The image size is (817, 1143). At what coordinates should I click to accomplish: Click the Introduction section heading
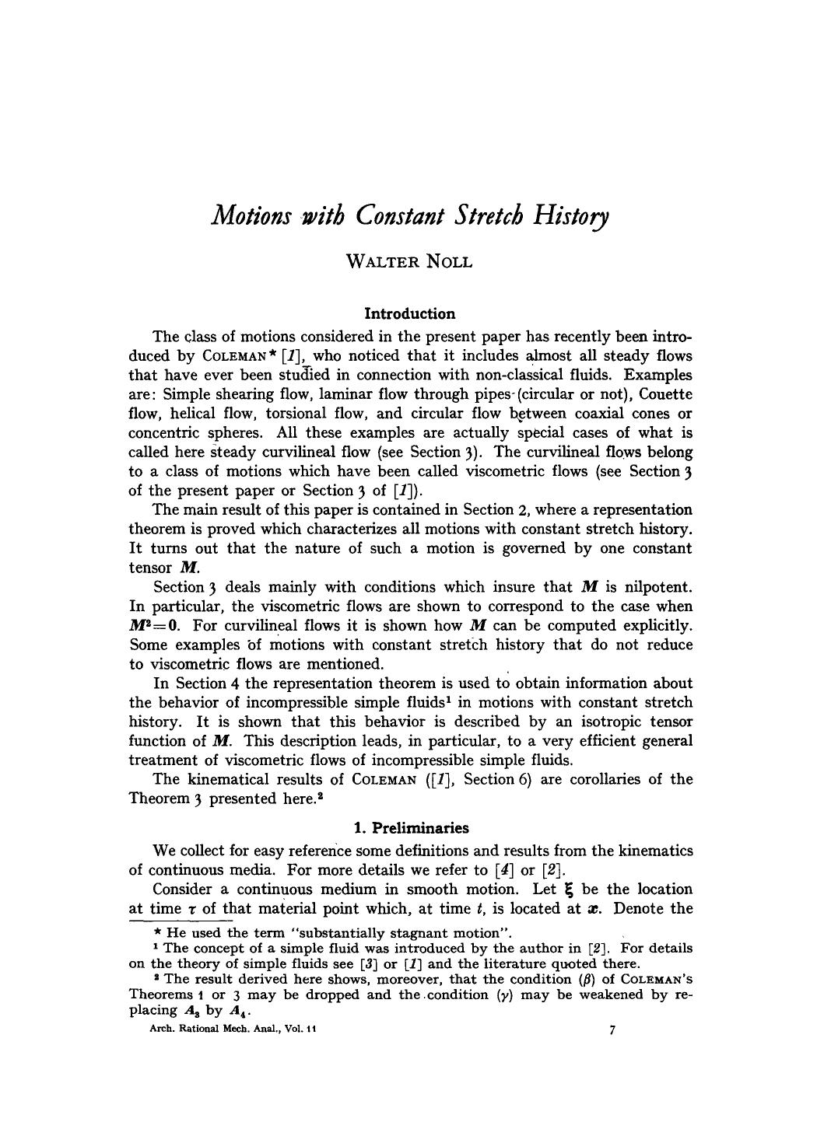click(x=409, y=314)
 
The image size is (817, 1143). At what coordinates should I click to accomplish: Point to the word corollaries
click(x=612, y=780)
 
